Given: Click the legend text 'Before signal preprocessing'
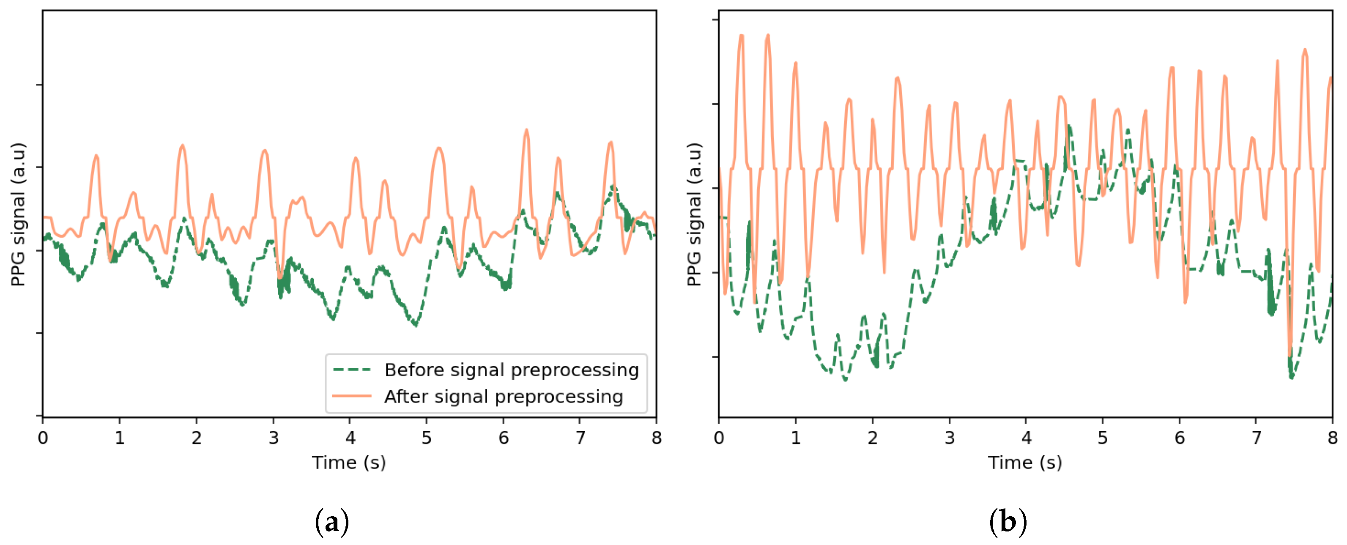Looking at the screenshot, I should click(x=512, y=370).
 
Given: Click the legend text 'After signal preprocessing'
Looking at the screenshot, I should click(x=504, y=397).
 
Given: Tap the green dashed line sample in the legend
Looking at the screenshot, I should click(x=352, y=370).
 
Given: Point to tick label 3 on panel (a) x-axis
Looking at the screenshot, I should click(x=274, y=438).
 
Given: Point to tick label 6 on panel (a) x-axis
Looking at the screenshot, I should click(x=504, y=438).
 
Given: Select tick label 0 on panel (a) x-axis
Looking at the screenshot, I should click(x=43, y=438).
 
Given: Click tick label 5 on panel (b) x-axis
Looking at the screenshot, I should click(x=1103, y=438).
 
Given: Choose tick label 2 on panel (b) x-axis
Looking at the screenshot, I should click(x=873, y=438).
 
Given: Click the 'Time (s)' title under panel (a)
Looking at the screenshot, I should click(x=349, y=463).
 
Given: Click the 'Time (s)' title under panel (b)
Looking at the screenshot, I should click(x=1025, y=463).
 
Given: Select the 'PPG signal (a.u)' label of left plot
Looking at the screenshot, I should click(x=18, y=214).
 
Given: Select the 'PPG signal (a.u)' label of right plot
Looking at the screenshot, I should click(x=694, y=214).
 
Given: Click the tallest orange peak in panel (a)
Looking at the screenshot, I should click(x=526, y=131).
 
